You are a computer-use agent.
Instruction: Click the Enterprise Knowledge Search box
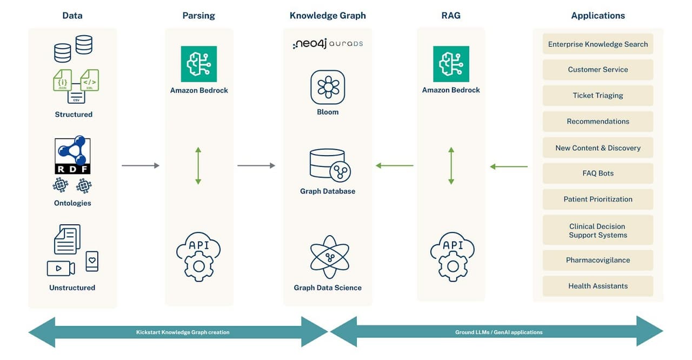[597, 44]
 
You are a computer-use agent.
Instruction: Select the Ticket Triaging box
[597, 96]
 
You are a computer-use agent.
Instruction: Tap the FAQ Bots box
[597, 174]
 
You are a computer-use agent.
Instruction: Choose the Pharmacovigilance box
[597, 260]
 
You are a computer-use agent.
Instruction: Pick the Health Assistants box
[597, 286]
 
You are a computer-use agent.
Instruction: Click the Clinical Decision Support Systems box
[597, 230]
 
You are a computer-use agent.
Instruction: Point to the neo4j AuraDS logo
[328, 44]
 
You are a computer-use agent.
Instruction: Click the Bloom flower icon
[328, 87]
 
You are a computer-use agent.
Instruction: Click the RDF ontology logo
[72, 155]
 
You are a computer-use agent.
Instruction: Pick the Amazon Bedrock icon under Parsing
[199, 64]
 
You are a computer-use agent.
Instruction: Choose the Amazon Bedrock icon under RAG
[451, 64]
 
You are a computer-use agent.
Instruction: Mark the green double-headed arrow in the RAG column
[451, 165]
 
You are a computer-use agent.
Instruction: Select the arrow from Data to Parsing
[141, 165]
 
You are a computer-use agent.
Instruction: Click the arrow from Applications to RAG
[509, 166]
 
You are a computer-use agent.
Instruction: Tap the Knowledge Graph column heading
[328, 16]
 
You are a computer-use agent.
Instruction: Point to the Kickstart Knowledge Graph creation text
[183, 332]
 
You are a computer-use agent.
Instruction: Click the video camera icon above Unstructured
[61, 268]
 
